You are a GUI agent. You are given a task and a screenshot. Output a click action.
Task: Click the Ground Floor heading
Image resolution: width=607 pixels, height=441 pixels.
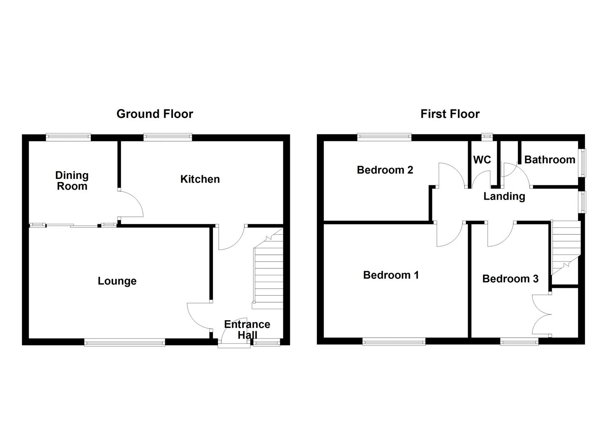(x=155, y=114)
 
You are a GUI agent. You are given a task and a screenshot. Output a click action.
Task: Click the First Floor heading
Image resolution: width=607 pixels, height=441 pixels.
(x=450, y=114)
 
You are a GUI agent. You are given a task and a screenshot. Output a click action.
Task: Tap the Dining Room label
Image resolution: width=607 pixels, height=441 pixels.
(x=72, y=181)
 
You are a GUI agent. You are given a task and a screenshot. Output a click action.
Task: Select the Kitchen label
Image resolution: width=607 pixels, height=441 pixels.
(x=200, y=179)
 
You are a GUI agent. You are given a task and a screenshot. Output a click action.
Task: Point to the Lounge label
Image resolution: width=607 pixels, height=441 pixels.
(x=117, y=281)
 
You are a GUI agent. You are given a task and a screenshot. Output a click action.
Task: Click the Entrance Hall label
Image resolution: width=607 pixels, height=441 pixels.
(x=247, y=330)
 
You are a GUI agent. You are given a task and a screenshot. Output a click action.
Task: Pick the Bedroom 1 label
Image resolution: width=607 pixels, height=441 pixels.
(x=391, y=275)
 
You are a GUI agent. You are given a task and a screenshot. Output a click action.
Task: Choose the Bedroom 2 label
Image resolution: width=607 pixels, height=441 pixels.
(x=385, y=170)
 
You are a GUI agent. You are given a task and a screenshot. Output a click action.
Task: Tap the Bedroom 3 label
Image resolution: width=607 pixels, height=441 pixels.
(x=510, y=279)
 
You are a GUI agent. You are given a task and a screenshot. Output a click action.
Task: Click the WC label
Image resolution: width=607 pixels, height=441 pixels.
(x=482, y=160)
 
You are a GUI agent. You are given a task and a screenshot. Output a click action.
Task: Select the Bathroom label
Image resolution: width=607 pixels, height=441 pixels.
(x=549, y=160)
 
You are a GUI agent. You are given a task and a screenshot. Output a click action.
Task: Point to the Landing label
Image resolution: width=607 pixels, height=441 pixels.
(x=504, y=196)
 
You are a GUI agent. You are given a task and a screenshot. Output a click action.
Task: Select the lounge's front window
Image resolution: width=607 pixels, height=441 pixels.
(x=125, y=342)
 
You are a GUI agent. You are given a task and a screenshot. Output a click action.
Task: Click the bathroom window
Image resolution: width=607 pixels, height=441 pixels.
(x=582, y=163)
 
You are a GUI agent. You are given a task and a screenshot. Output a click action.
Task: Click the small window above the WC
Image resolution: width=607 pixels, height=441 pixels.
(x=487, y=137)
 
